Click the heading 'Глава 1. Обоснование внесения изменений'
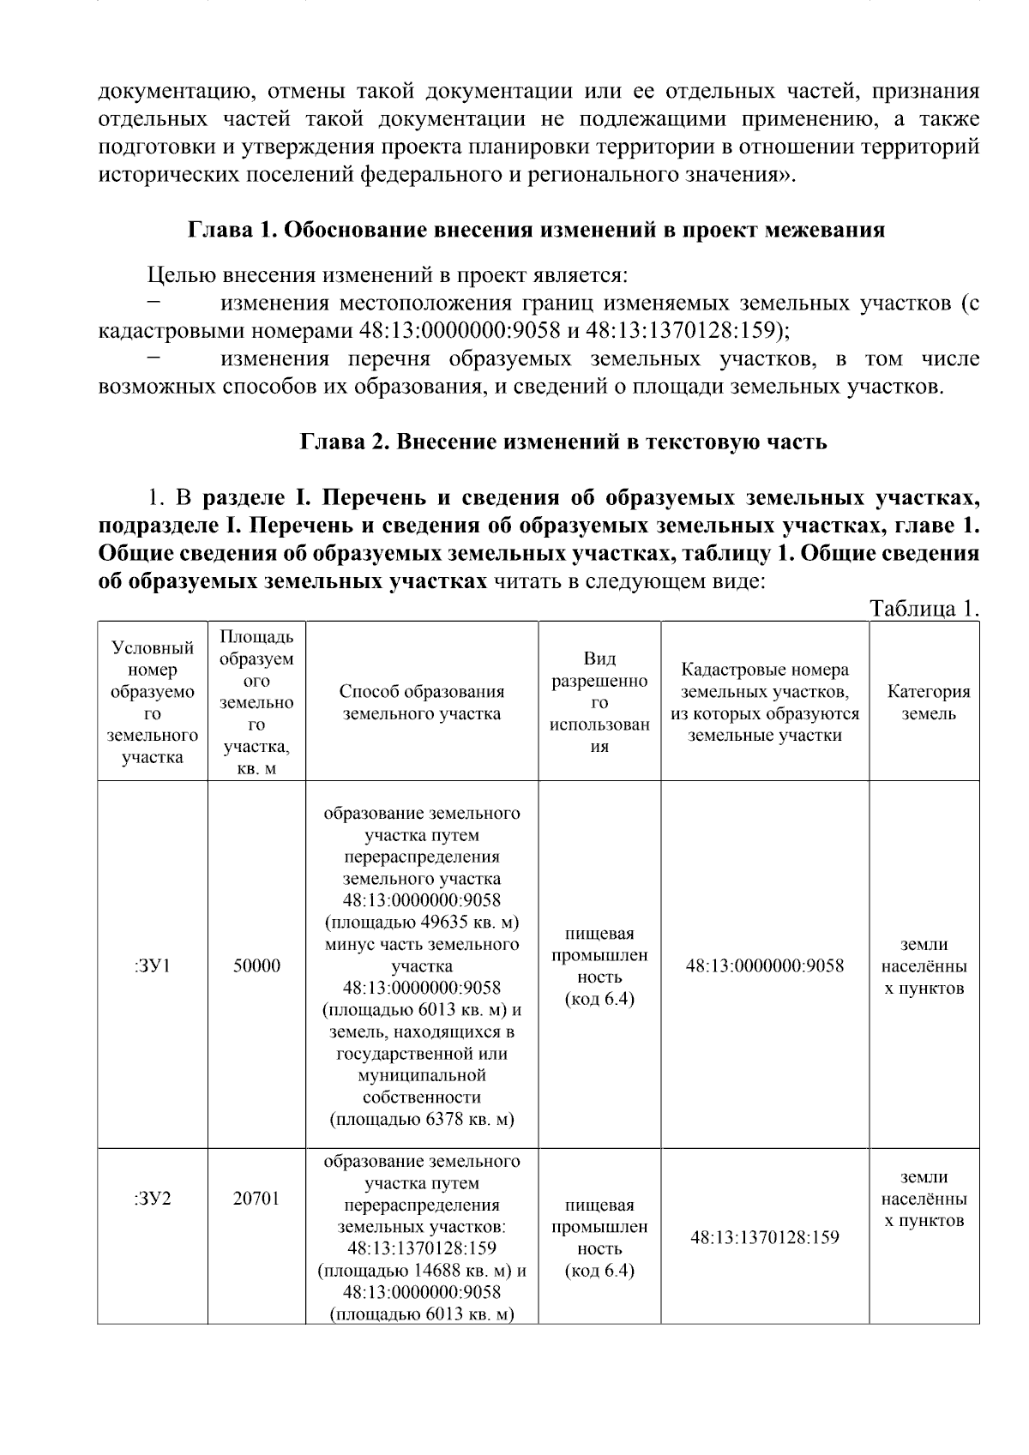536,231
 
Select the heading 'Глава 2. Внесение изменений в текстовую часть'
563,442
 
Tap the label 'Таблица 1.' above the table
924,609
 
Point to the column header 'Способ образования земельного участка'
421,702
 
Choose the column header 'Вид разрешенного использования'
599,702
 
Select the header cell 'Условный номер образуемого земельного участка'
153,702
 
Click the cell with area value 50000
256,965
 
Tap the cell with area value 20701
256,1198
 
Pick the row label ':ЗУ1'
153,965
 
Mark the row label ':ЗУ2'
153,1198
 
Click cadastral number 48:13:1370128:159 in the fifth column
764,1237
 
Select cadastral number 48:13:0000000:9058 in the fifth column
764,965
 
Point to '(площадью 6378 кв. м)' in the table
421,1119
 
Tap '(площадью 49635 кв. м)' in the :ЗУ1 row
421,923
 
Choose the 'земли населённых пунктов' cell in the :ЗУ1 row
924,966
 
